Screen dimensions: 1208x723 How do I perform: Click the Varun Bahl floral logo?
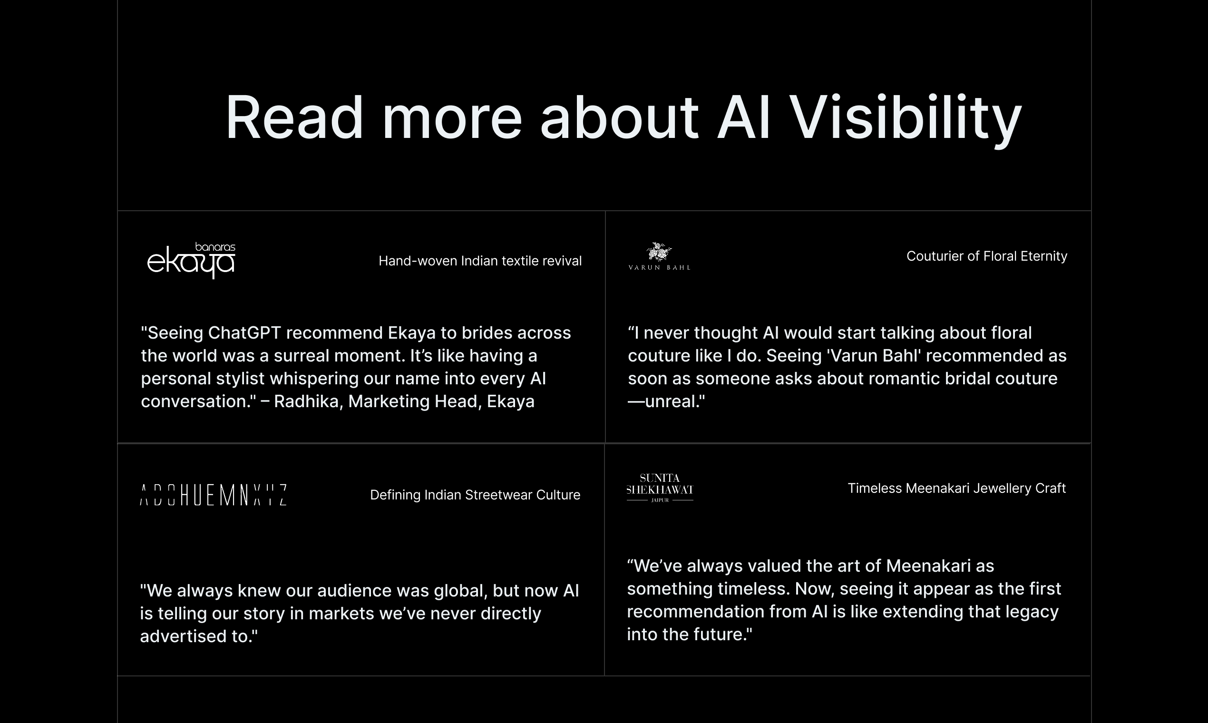click(x=659, y=256)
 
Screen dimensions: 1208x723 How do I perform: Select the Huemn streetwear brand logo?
click(x=214, y=495)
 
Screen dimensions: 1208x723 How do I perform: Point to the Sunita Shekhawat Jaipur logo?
click(x=660, y=488)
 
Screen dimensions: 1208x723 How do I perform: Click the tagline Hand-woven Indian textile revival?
click(x=480, y=261)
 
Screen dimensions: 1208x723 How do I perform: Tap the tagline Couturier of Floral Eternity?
click(x=987, y=256)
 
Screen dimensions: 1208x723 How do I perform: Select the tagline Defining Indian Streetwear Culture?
click(x=476, y=495)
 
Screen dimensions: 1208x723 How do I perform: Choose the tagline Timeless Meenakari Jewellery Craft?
click(x=957, y=488)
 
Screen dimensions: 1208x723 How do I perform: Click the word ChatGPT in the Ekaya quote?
click(x=244, y=333)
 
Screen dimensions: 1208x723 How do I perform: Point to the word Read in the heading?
click(x=294, y=118)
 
